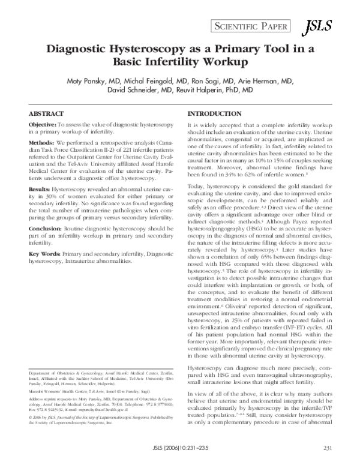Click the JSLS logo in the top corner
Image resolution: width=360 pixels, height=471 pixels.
pyautogui.click(x=314, y=26)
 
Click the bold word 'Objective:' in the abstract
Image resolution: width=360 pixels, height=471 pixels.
pyautogui.click(x=43, y=124)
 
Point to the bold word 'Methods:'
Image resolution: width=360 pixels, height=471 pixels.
pyautogui.click(x=42, y=142)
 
